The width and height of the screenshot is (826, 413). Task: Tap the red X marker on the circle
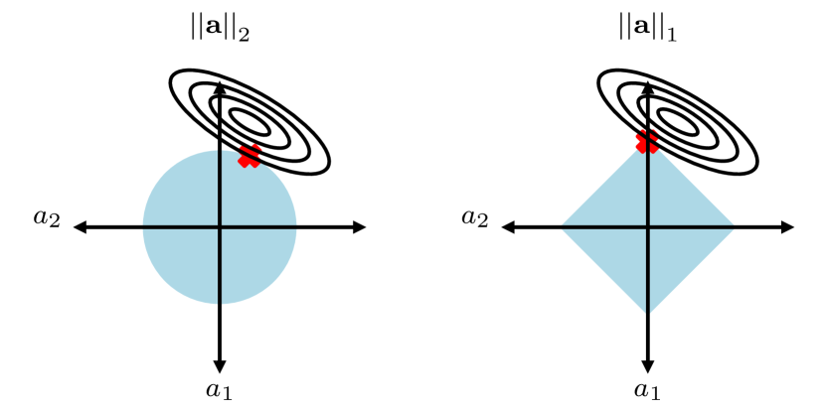(x=248, y=156)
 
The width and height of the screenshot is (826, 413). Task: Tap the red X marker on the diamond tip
(x=647, y=142)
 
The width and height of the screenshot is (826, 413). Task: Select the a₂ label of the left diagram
(x=47, y=218)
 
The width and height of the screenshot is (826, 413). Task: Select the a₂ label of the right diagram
(x=475, y=218)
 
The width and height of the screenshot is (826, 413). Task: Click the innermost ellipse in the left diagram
(x=249, y=121)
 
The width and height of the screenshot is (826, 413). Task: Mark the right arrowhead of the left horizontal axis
(x=361, y=228)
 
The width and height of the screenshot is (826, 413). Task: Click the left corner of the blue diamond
(x=564, y=228)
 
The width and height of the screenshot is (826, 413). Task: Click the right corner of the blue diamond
(x=733, y=228)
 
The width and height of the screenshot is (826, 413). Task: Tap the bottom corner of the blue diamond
(x=648, y=312)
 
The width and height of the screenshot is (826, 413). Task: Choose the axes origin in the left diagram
(x=220, y=228)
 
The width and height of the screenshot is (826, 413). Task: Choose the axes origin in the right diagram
(x=648, y=228)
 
